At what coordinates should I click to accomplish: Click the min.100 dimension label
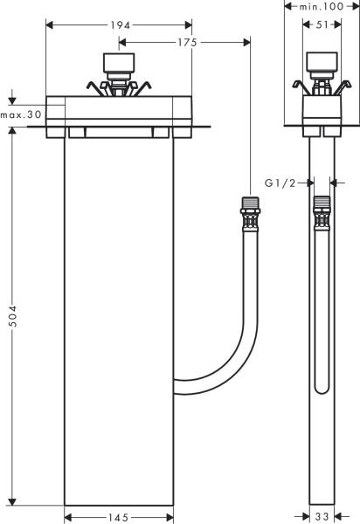pos(320,7)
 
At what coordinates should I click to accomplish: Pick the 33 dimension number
pos(321,517)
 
